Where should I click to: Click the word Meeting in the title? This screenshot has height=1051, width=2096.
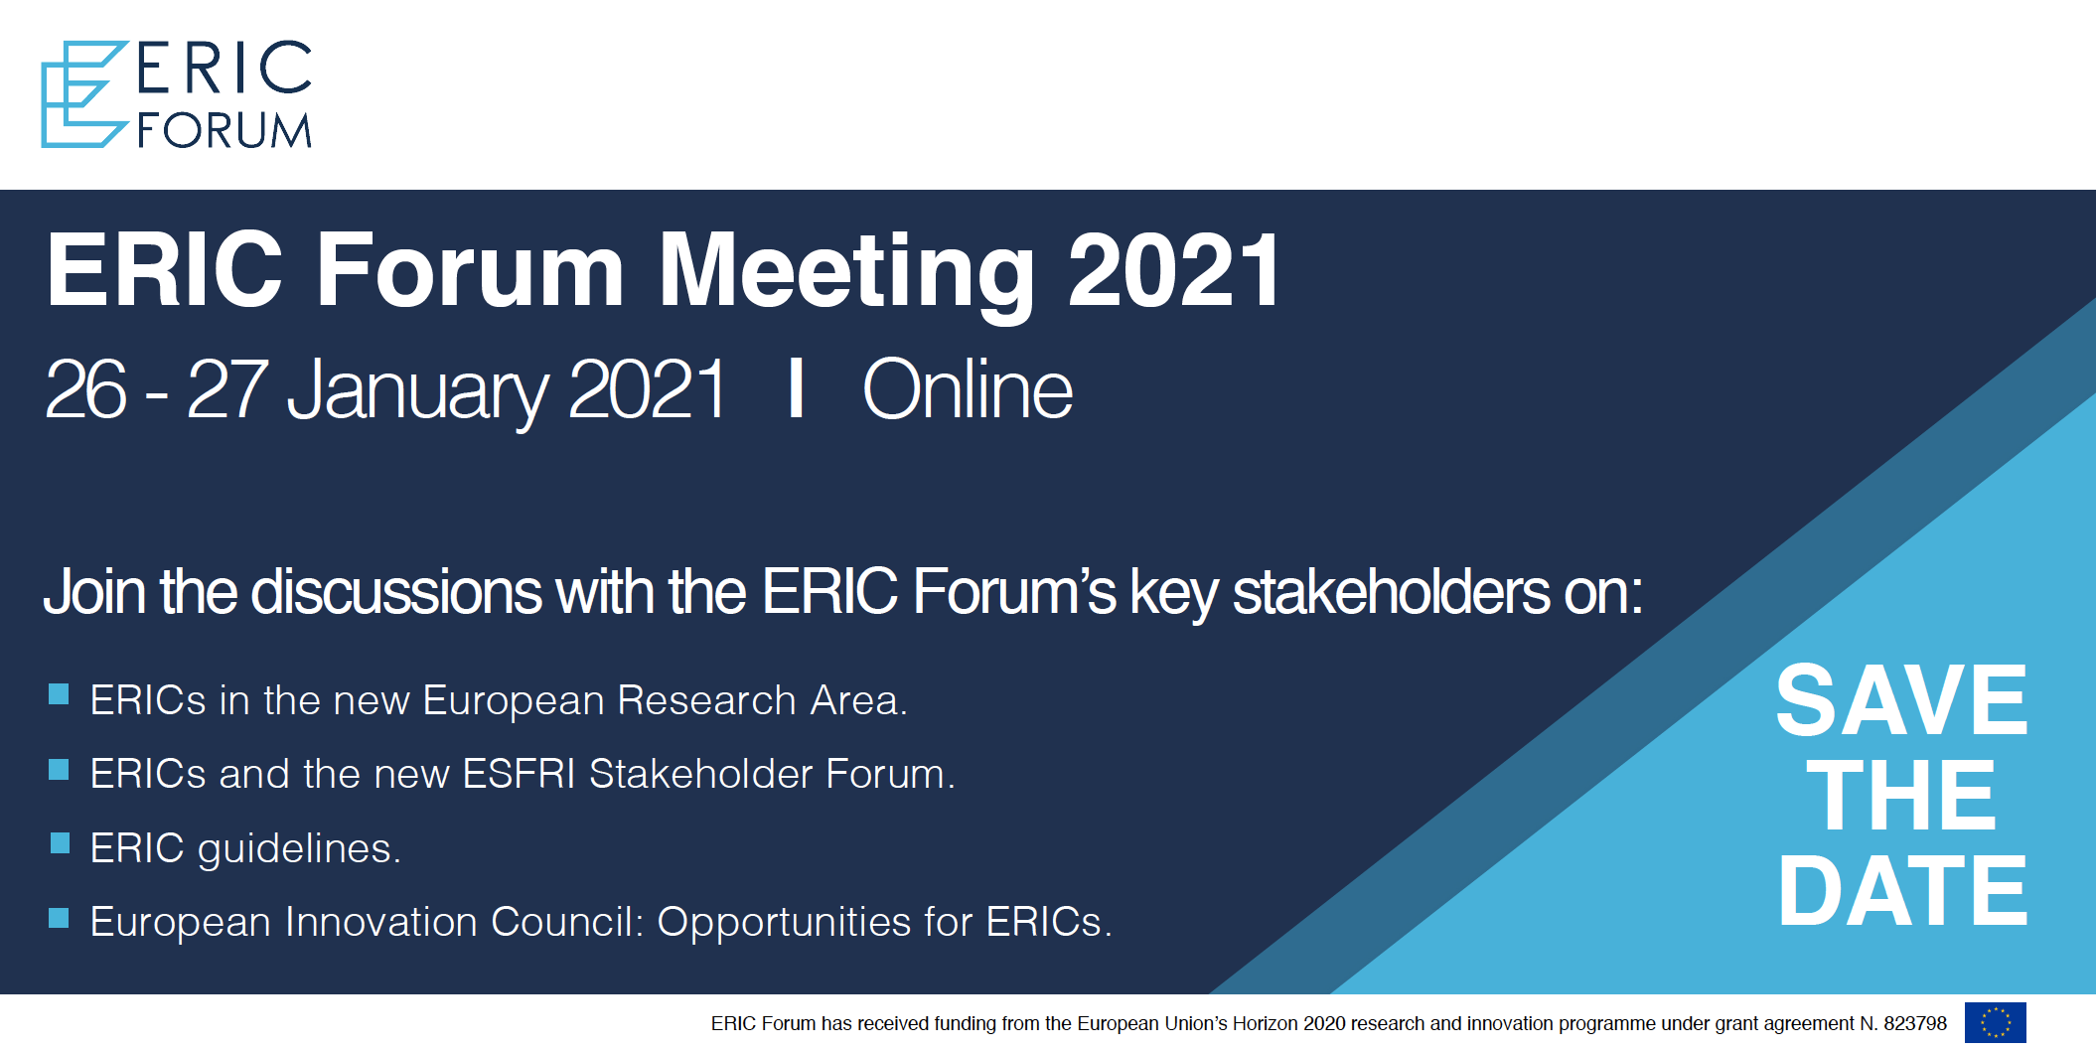[846, 274]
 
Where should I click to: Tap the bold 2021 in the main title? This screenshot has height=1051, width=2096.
[1173, 269]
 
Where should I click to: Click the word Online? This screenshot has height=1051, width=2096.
[968, 389]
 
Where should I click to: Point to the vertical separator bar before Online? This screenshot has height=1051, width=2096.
[795, 388]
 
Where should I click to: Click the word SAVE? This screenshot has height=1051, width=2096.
[1901, 700]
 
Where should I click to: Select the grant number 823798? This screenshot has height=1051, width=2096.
[1915, 1023]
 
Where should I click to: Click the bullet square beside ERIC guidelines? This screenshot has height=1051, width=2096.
[60, 843]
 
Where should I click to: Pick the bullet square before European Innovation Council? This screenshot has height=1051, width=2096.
[60, 917]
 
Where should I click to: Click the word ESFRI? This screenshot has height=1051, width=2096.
[519, 774]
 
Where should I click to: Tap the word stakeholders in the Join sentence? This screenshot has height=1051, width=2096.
[1391, 592]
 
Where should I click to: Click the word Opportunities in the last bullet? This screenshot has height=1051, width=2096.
[784, 923]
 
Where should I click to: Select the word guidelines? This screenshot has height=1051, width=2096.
[299, 849]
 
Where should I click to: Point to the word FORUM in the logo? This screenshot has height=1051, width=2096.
[225, 130]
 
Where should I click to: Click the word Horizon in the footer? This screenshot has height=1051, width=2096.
[1265, 1023]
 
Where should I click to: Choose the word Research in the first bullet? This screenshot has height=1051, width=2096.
[706, 700]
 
